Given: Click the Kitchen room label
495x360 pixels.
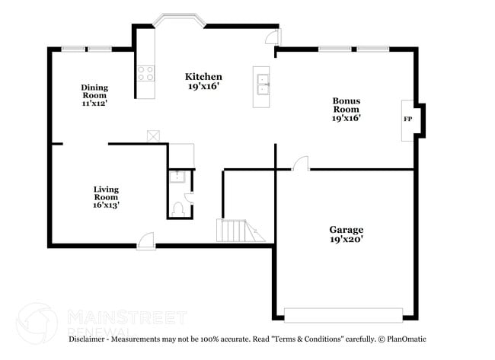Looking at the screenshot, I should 204,76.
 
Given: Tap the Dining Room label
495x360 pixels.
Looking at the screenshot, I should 95,91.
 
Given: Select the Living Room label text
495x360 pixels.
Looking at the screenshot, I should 106,193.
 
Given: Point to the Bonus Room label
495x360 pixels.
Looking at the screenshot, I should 346,104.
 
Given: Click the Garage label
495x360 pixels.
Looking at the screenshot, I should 346,229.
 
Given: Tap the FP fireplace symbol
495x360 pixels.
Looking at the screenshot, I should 407,120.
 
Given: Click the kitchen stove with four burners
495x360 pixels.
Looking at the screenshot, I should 145,73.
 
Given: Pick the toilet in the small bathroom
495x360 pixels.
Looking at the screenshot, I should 177,207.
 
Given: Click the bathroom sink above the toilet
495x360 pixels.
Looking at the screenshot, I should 177,177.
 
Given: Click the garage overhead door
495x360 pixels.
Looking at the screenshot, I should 343,314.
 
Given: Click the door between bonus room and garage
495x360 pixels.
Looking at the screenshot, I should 302,163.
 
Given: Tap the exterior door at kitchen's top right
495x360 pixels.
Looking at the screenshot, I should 272,37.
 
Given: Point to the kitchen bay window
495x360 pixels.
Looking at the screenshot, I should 179,20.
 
